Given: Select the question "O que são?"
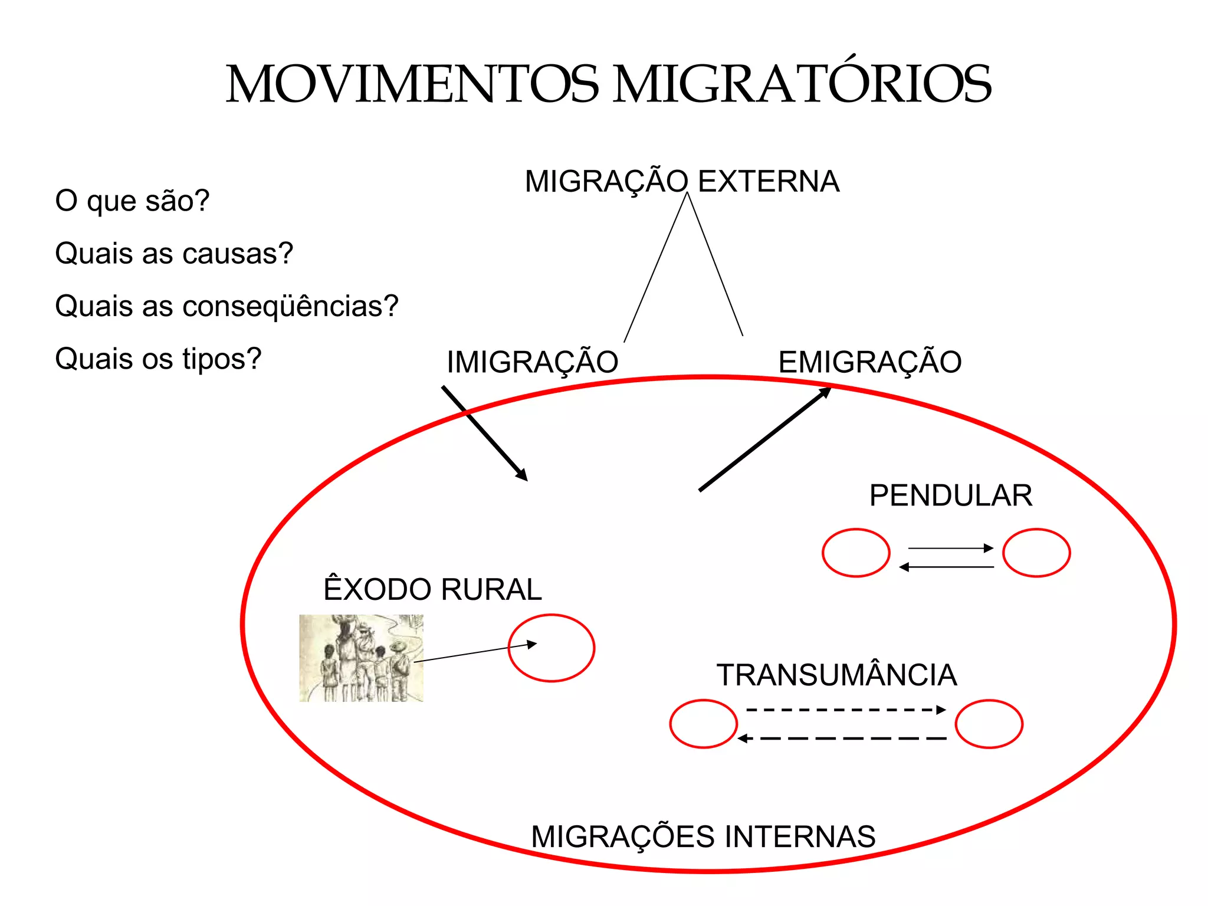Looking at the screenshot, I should (x=132, y=201).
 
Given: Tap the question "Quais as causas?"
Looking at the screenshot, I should (x=174, y=254).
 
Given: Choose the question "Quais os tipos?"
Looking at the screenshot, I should (x=158, y=359).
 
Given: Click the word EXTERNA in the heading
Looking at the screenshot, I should (x=769, y=181).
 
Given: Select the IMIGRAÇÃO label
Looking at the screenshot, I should (x=532, y=362).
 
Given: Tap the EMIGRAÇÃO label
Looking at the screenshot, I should (x=869, y=362).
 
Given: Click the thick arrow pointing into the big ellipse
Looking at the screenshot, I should (x=484, y=433).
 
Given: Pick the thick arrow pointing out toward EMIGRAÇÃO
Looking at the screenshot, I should (x=765, y=439).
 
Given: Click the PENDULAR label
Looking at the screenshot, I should (x=951, y=495).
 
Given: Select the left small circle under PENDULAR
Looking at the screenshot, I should (x=856, y=553).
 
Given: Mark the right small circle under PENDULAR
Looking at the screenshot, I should (x=1036, y=553).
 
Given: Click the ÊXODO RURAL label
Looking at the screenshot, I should (x=432, y=589).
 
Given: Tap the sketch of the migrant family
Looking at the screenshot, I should (x=361, y=658).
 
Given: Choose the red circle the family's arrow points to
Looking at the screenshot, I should (x=552, y=648).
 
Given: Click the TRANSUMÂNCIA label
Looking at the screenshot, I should (x=836, y=675).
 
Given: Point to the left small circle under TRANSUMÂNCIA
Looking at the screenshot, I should (x=703, y=724).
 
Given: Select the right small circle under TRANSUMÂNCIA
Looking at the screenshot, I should (x=989, y=724).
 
